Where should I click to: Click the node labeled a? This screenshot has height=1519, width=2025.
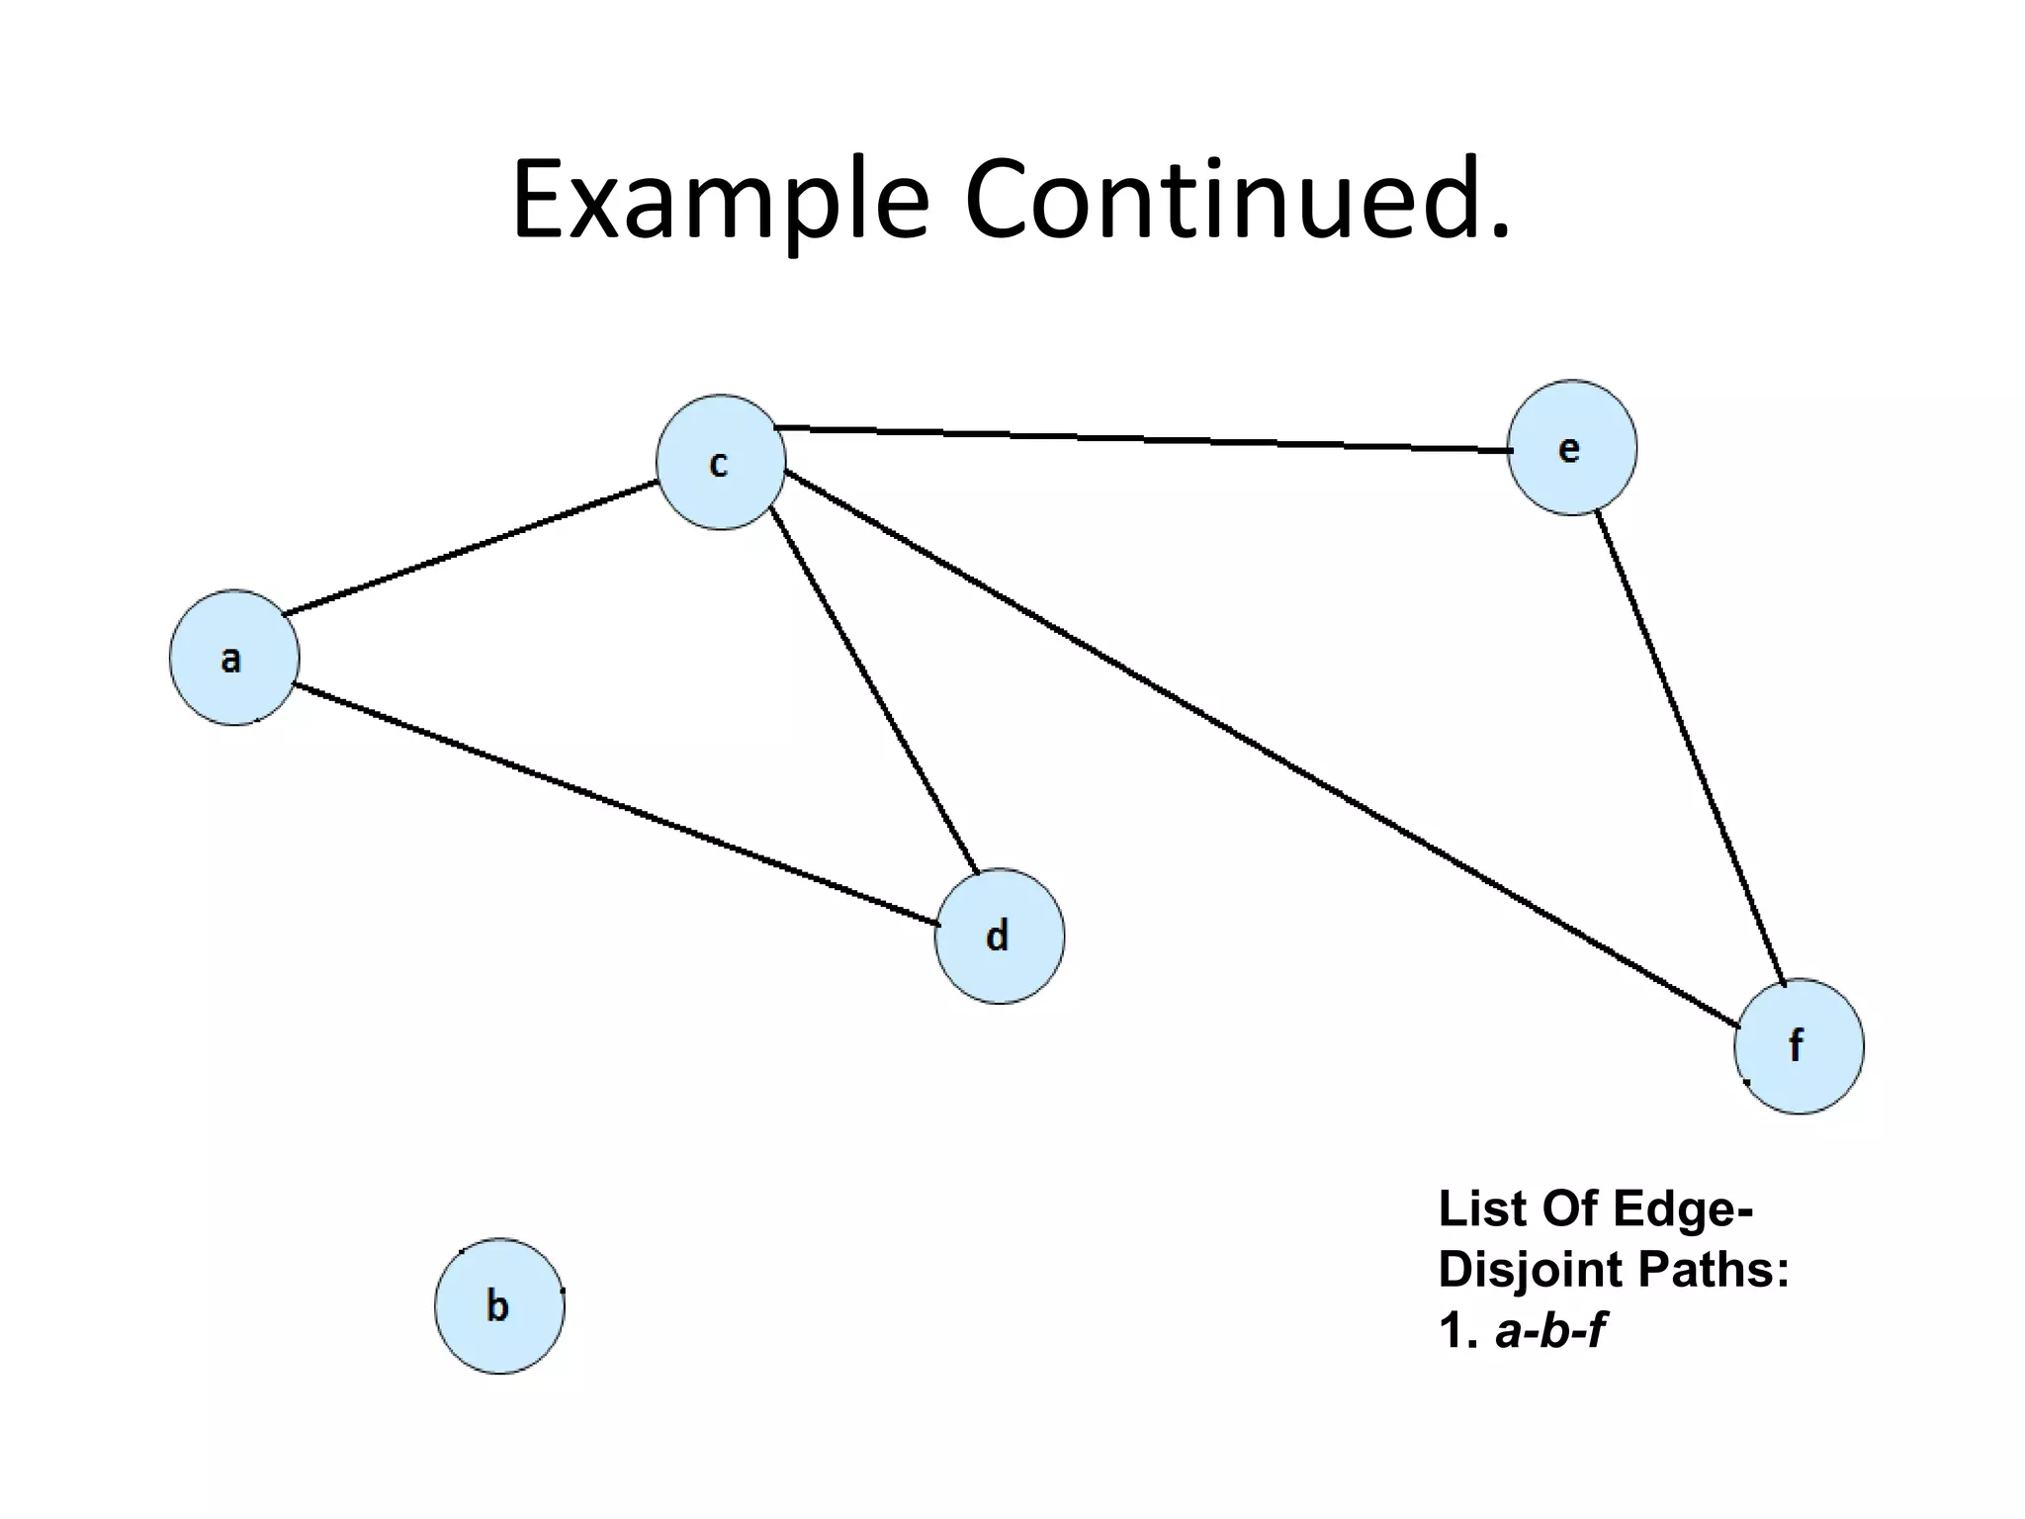pyautogui.click(x=234, y=658)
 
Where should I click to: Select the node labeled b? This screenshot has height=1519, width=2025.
pyautogui.click(x=499, y=1305)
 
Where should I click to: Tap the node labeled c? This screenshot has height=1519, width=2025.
pyautogui.click(x=721, y=462)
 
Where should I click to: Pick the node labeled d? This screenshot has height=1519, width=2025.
pyautogui.click(x=999, y=936)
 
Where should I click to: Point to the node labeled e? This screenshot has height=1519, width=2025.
pyautogui.click(x=1571, y=448)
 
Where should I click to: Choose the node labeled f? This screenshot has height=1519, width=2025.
pyautogui.click(x=1799, y=1045)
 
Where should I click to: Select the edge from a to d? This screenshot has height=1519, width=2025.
pyautogui.click(x=617, y=804)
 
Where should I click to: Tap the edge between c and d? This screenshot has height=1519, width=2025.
pyautogui.click(x=874, y=690)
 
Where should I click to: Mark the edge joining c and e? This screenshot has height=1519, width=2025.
pyautogui.click(x=1142, y=439)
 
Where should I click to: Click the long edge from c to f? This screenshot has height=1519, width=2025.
pyautogui.click(x=1261, y=748)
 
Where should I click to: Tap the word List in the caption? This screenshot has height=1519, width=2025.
pyautogui.click(x=1480, y=1208)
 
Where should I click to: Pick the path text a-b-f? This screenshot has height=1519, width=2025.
pyautogui.click(x=1549, y=1331)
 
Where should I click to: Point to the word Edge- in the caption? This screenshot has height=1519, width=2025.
pyautogui.click(x=1682, y=1210)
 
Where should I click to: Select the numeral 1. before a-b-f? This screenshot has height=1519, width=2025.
pyautogui.click(x=1456, y=1331)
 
